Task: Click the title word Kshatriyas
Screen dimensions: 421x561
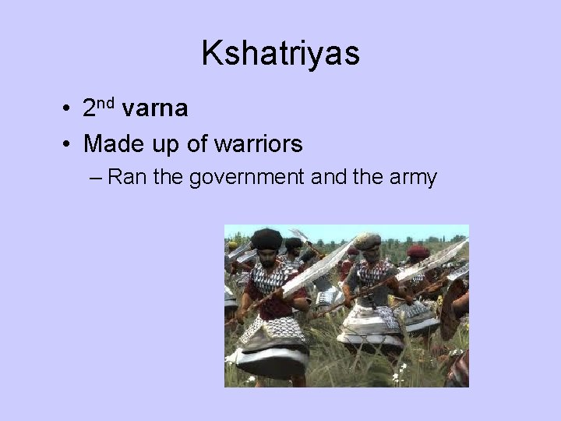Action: [280, 54]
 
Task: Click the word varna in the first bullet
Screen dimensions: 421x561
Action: [155, 108]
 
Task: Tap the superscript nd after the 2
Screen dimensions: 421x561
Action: [108, 102]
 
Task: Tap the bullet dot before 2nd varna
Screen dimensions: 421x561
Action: [69, 109]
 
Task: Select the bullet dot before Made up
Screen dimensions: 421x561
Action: [69, 144]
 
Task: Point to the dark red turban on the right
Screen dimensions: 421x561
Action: [418, 251]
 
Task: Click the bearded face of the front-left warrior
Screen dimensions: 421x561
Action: [267, 256]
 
